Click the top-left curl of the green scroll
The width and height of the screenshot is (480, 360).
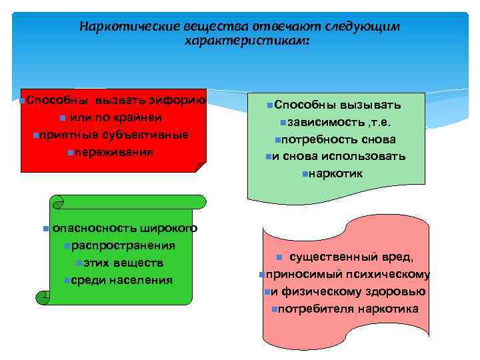(57, 201)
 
